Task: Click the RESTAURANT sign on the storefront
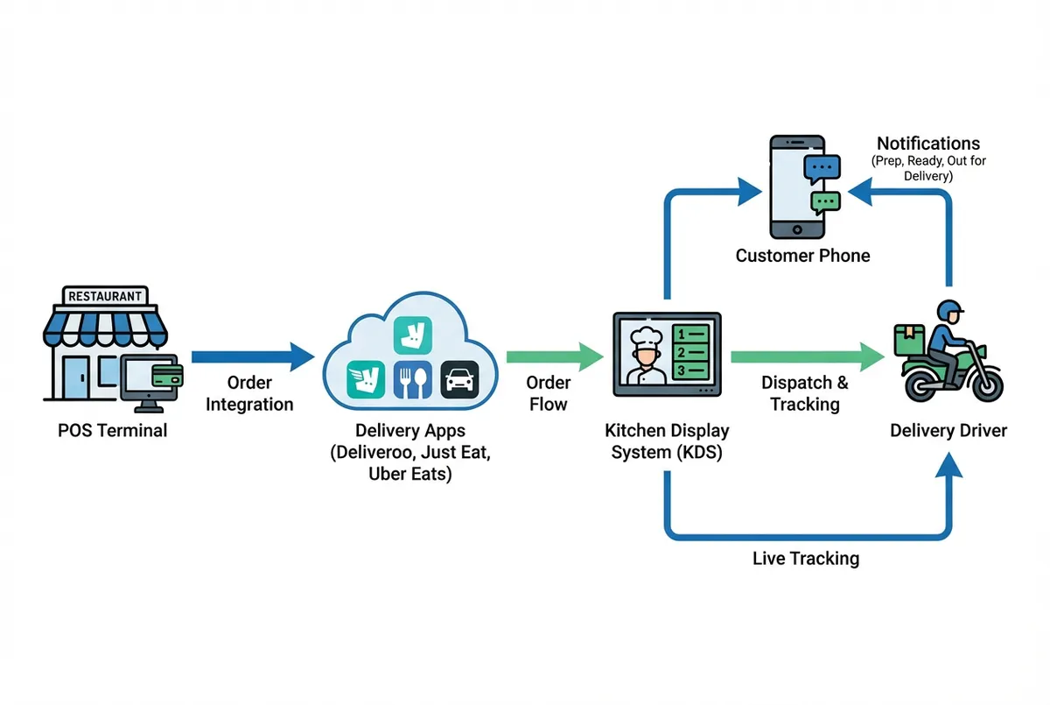point(104,296)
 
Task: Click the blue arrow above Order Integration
point(252,356)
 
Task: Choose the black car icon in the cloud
point(460,380)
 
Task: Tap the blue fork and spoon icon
point(413,380)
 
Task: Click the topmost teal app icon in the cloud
point(413,335)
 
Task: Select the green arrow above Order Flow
point(554,356)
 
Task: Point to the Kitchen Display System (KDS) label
point(667,442)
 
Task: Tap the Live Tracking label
point(806,558)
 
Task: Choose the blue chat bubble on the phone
point(822,167)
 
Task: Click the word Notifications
point(928,144)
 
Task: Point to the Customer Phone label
point(802,256)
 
